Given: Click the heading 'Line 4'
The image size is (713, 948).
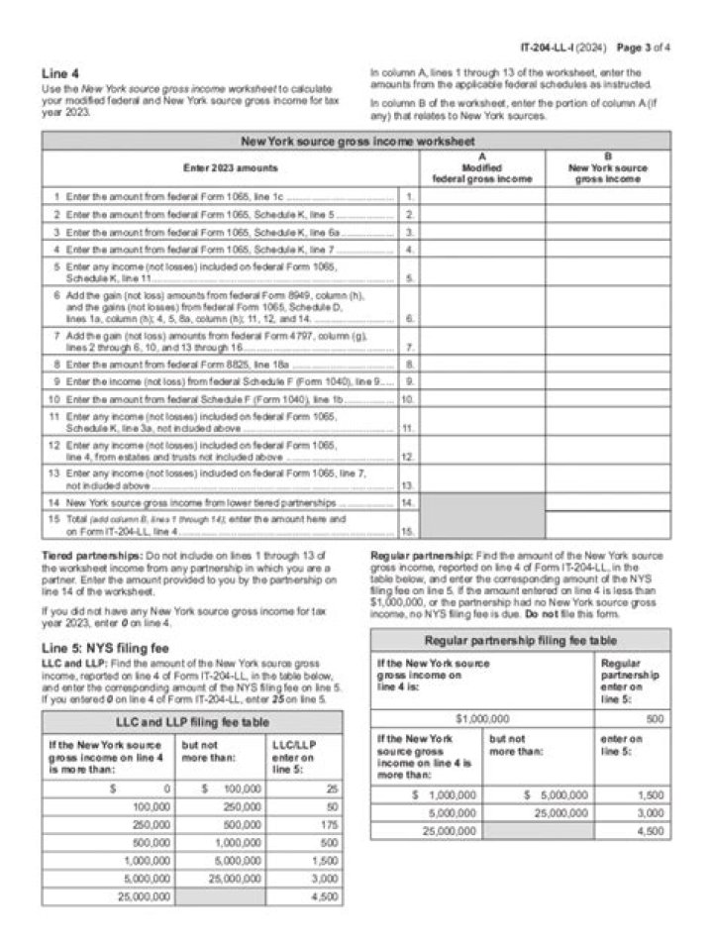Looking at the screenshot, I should pos(60,74).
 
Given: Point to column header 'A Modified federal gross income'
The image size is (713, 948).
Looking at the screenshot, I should pos(482,167).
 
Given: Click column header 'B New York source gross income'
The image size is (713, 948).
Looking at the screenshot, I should pos(607,167).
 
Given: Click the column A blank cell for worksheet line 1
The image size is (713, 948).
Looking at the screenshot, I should pos(482,197).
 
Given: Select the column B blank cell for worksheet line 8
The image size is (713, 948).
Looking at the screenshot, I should pos(607,364).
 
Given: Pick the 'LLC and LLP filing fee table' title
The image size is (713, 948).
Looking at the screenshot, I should pos(192,721).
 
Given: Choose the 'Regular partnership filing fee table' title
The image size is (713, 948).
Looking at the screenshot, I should pos(519,640).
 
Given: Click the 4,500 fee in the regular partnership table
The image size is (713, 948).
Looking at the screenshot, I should pos(650,831).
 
